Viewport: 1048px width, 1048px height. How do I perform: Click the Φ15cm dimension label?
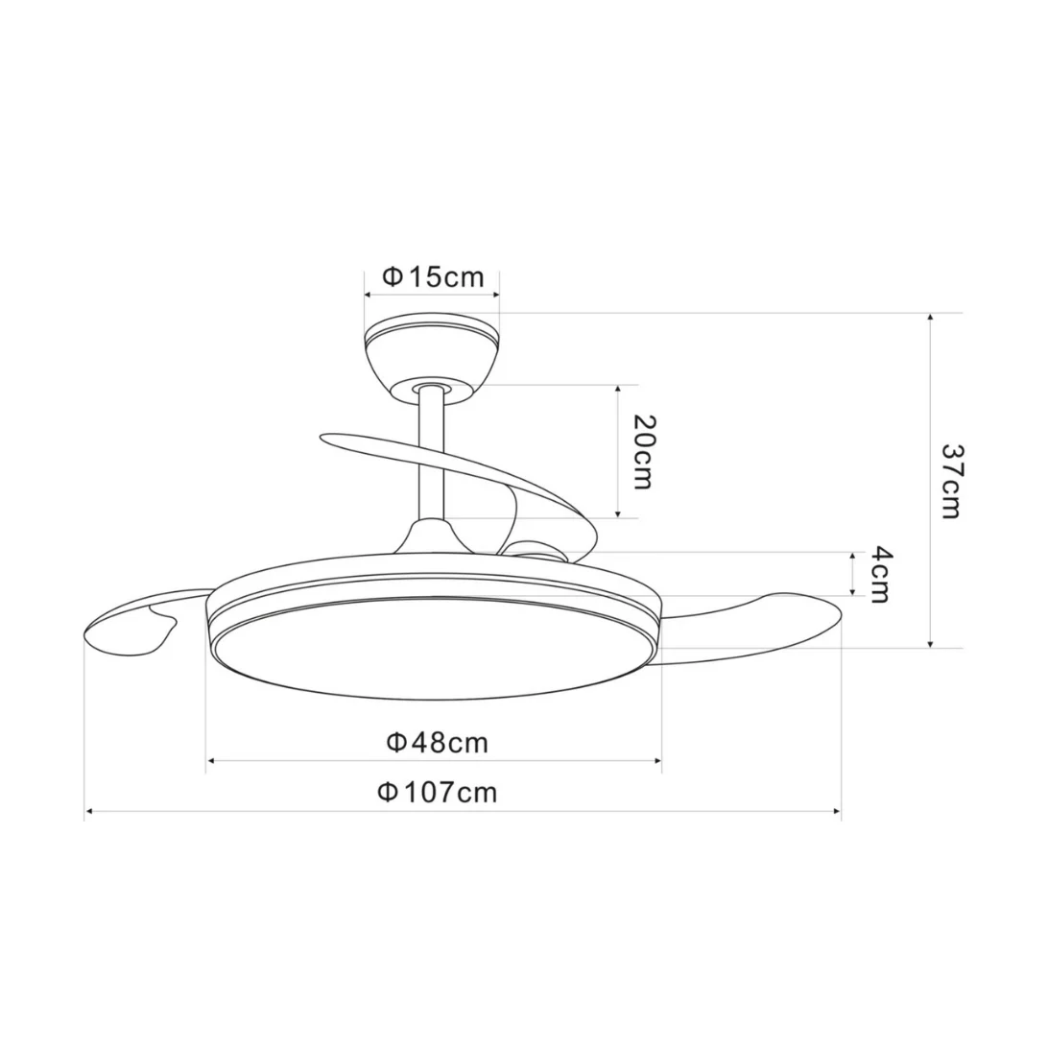point(433,276)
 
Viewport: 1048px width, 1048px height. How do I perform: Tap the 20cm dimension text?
point(643,452)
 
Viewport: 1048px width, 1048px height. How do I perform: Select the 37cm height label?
point(951,481)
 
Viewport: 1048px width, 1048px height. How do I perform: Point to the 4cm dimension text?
point(881,574)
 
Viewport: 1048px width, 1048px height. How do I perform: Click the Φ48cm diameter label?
point(438,743)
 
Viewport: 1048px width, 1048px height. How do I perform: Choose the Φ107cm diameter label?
point(438,793)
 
